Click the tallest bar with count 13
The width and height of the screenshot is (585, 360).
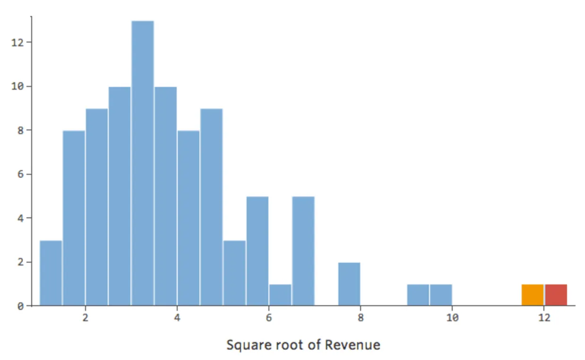pyautogui.click(x=143, y=163)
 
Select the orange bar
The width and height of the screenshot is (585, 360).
pyautogui.click(x=533, y=295)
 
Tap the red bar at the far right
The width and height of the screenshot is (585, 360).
pyautogui.click(x=556, y=295)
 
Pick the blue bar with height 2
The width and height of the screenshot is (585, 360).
pyautogui.click(x=349, y=284)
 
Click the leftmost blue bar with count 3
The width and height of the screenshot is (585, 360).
pyautogui.click(x=51, y=273)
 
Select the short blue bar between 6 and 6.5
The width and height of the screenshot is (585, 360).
pyautogui.click(x=280, y=295)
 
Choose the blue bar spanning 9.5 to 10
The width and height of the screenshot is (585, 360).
pyautogui.click(x=441, y=295)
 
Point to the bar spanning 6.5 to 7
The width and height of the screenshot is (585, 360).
pyautogui.click(x=303, y=251)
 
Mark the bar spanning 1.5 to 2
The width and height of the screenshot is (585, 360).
pyautogui.click(x=74, y=218)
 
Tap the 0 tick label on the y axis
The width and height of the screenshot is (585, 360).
pyautogui.click(x=19, y=306)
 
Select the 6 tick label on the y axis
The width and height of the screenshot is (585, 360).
pyautogui.click(x=19, y=174)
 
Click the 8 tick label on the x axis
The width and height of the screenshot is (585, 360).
pyautogui.click(x=361, y=318)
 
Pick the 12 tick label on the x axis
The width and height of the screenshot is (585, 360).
pyautogui.click(x=544, y=318)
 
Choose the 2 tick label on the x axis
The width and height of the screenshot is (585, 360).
pyautogui.click(x=86, y=318)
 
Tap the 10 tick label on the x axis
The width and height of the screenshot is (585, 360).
pyautogui.click(x=452, y=318)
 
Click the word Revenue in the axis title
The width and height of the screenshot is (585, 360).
pyautogui.click(x=357, y=345)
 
